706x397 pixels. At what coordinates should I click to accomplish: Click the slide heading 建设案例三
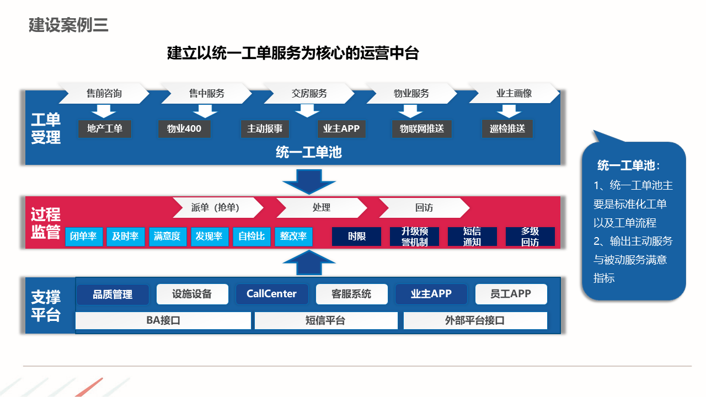point(68,25)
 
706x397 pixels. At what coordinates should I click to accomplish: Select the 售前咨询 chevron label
point(104,93)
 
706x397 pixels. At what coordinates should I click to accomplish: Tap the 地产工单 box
point(105,129)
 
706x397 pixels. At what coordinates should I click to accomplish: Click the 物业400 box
point(184,129)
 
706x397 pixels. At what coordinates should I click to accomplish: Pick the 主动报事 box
point(265,129)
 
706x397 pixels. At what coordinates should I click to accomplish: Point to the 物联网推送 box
point(422,129)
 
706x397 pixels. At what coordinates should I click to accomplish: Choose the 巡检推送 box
point(507,129)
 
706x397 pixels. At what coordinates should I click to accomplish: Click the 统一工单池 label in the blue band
point(309,152)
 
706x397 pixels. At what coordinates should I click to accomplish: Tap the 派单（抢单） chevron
point(218,208)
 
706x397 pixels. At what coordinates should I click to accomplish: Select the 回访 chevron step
point(424,208)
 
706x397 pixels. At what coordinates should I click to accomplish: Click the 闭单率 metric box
point(84,237)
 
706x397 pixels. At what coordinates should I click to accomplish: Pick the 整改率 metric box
point(293,237)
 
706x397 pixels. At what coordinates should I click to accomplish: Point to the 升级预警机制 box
point(414,237)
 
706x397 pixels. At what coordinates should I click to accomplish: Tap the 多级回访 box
point(530,237)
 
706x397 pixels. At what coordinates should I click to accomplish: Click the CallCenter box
point(271,294)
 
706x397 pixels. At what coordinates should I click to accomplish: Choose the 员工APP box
point(511,294)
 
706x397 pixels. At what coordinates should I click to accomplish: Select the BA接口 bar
point(163,320)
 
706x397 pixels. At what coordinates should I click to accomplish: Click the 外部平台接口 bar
point(475,320)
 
